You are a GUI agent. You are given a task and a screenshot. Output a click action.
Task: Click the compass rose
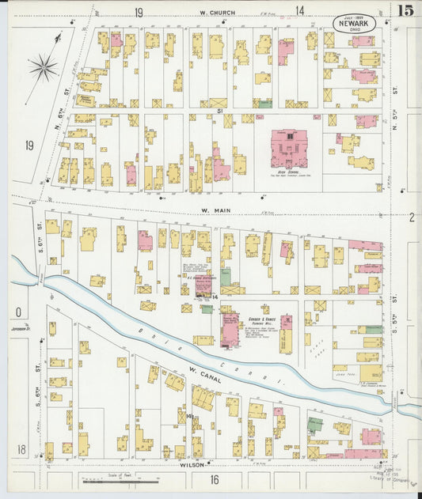(44, 68)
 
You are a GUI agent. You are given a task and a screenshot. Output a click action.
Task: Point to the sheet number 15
(405, 10)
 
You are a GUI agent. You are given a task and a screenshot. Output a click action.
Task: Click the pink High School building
(289, 149)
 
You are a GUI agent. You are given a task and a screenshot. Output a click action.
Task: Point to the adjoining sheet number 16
(214, 479)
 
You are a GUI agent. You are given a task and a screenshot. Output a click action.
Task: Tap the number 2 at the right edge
(412, 217)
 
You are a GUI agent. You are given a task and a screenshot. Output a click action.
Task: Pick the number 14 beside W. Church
(300, 10)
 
